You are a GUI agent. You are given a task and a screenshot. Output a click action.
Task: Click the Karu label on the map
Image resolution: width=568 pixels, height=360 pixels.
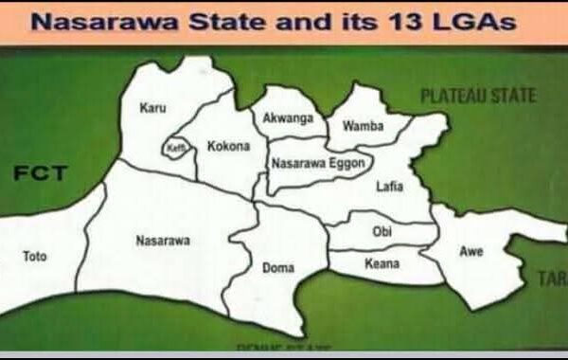(152, 109)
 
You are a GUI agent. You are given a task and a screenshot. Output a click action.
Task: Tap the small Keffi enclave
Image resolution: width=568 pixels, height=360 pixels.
(176, 150)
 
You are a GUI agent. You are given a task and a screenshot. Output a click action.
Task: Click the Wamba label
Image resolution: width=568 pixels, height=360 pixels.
(362, 126)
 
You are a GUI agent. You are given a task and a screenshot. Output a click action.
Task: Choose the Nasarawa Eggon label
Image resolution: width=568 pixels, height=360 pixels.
(311, 164)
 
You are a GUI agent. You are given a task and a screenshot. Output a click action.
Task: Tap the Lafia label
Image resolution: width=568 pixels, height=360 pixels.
(389, 187)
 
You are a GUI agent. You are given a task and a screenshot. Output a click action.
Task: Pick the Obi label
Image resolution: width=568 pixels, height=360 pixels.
(383, 231)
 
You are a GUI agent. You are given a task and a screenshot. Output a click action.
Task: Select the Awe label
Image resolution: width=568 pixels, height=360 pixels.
(470, 252)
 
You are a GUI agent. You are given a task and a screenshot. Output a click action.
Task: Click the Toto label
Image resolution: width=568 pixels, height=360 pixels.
(34, 256)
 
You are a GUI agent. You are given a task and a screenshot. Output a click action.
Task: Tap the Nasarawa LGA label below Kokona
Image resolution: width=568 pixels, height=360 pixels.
(163, 241)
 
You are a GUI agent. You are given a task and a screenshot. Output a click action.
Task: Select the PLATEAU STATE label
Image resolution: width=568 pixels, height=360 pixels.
(478, 96)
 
